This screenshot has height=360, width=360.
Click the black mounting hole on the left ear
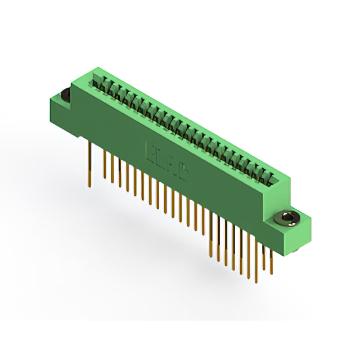click(64, 95)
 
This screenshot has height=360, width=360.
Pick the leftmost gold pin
click(89, 163)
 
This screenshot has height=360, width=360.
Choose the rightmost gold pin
click(271, 259)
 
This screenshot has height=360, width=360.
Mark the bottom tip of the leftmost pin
click(89, 186)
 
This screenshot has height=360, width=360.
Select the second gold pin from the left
click(105, 166)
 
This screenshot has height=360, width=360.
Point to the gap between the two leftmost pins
click(97, 163)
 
